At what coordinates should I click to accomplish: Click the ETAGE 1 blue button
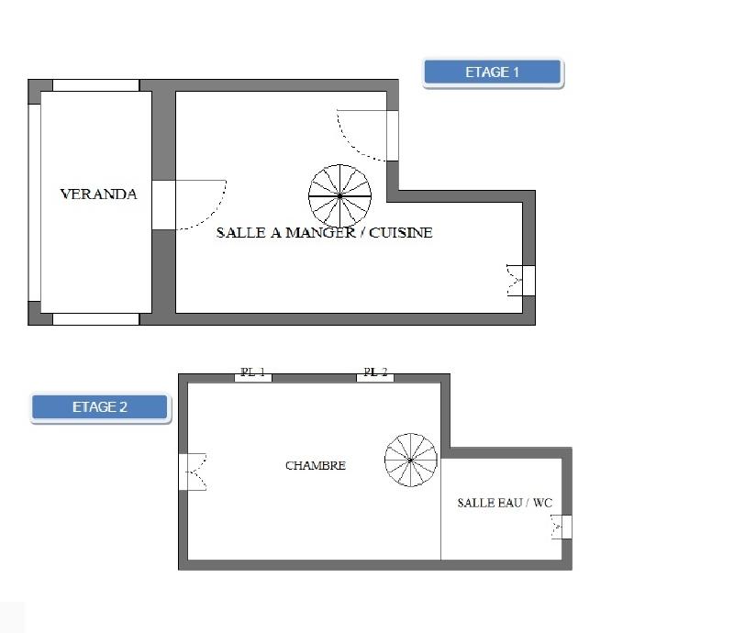(492, 72)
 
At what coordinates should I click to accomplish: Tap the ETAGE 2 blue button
(100, 407)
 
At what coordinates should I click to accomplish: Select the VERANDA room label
(98, 194)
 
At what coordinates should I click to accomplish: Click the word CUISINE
(400, 233)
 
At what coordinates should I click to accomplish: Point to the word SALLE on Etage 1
(241, 233)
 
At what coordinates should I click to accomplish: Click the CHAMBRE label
(315, 466)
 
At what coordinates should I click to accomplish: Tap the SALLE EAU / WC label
(505, 503)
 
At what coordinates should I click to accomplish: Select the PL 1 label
(252, 373)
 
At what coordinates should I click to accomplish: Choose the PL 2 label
(375, 373)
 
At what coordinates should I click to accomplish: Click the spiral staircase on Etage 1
(340, 195)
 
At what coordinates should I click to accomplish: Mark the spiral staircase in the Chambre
(412, 460)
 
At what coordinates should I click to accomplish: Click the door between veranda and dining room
(163, 205)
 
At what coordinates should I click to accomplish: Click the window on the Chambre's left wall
(183, 472)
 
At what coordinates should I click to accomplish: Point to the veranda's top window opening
(95, 85)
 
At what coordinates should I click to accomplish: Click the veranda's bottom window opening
(95, 319)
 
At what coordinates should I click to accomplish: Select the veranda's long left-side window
(35, 202)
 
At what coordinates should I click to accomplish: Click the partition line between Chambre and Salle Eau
(441, 509)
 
